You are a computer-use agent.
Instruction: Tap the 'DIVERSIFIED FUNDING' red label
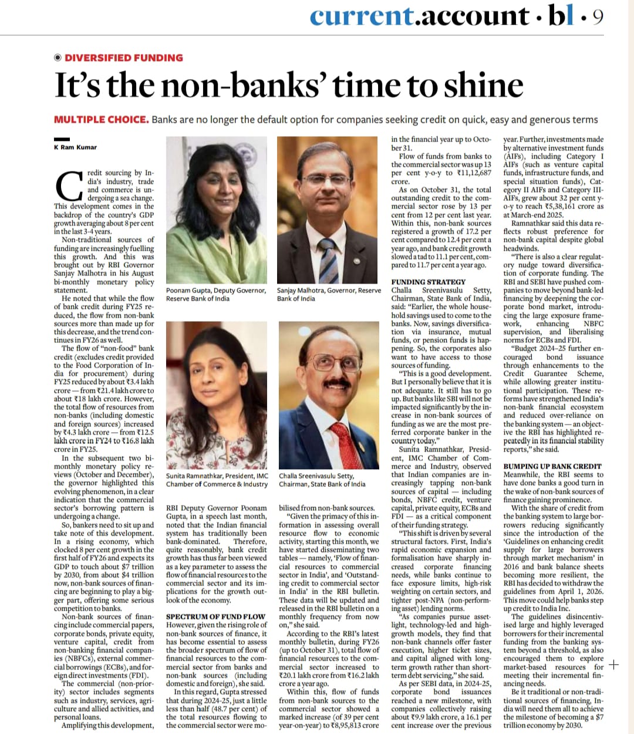[123, 58]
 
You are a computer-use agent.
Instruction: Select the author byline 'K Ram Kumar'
[75, 147]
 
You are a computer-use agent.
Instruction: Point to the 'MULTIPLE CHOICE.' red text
[101, 120]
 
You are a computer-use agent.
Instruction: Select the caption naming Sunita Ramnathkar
[217, 480]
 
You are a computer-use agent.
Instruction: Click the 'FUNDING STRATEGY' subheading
[429, 282]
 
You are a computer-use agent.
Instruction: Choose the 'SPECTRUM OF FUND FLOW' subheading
[215, 617]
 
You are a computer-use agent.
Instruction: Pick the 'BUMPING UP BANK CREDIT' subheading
[553, 466]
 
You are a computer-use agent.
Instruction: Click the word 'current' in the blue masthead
[362, 16]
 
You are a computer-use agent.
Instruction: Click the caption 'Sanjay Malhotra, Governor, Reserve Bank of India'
[329, 294]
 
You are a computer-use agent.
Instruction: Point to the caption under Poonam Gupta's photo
[216, 294]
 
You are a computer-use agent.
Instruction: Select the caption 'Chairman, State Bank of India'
[322, 484]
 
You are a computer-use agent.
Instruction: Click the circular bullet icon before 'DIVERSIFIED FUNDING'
[58, 58]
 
